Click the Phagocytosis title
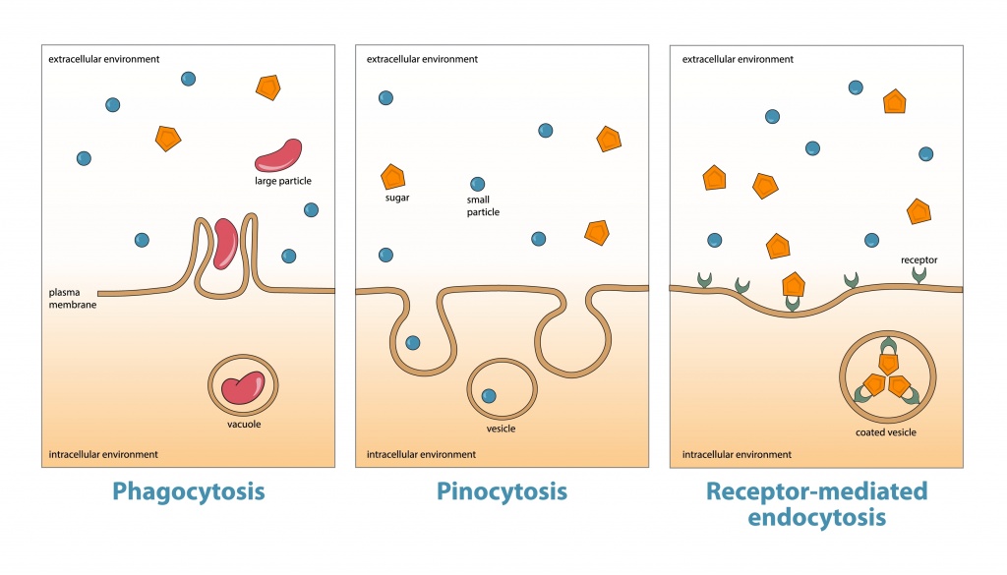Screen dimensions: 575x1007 pyautogui.click(x=189, y=490)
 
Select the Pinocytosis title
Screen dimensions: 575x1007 pyautogui.click(x=502, y=490)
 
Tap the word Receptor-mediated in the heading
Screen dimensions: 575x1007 pyautogui.click(x=816, y=490)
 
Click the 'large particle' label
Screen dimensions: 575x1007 pyautogui.click(x=282, y=181)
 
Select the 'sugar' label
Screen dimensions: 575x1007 pyautogui.click(x=396, y=198)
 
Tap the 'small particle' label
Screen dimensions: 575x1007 pyautogui.click(x=483, y=204)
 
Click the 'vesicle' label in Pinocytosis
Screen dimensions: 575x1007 pyautogui.click(x=500, y=428)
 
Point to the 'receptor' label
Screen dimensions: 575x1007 pyautogui.click(x=919, y=260)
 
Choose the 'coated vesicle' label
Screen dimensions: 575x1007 pyautogui.click(x=886, y=431)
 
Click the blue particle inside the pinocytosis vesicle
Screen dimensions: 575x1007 pyautogui.click(x=488, y=397)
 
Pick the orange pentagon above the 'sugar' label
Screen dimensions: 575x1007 pyautogui.click(x=393, y=177)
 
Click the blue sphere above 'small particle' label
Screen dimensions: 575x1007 pyautogui.click(x=478, y=184)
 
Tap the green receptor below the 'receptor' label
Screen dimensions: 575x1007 pyautogui.click(x=919, y=279)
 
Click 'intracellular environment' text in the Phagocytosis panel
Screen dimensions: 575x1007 pyautogui.click(x=103, y=454)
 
